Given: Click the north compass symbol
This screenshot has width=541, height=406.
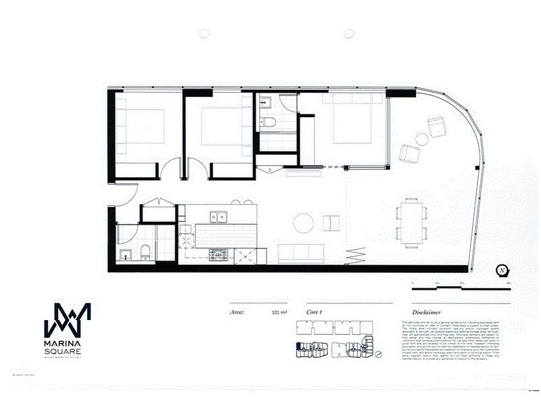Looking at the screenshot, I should [x=502, y=271].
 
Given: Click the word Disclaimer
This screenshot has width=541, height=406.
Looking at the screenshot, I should [x=427, y=313].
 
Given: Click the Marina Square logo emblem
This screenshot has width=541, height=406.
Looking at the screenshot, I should [x=67, y=319].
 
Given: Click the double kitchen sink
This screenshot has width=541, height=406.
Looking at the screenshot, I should [x=217, y=217].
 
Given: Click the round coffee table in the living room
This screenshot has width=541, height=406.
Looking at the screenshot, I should [x=302, y=223].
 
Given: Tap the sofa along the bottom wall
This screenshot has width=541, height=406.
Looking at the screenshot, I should [x=301, y=254].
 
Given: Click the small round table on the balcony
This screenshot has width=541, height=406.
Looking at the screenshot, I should [x=422, y=140].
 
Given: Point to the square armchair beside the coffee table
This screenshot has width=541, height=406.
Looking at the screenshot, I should [x=331, y=223].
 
